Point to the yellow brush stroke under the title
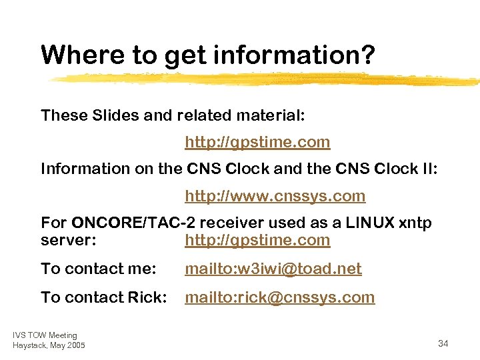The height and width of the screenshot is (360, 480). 267,79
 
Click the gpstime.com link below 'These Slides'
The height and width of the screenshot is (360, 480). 257,142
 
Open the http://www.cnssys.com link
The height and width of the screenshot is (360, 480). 275,196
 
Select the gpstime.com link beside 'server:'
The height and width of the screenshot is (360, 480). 257,240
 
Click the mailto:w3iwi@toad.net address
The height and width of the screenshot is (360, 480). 273,269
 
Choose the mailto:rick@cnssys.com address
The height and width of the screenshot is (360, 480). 279,297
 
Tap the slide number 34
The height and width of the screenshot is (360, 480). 443,343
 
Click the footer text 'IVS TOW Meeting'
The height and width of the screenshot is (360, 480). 45,335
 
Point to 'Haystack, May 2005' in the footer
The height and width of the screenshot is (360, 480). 49,345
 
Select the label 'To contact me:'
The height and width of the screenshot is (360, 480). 98,269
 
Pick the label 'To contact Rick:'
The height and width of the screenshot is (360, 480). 103,297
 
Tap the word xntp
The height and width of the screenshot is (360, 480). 415,223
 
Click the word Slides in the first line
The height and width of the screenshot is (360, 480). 116,115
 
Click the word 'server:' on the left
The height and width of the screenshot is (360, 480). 66,240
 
